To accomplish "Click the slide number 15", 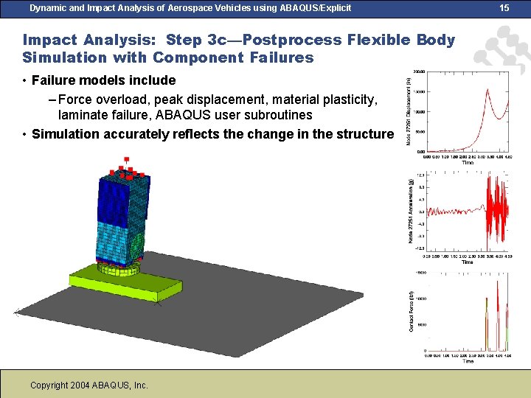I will click(504, 8).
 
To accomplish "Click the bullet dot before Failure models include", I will click(25, 80).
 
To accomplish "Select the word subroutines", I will click(274, 115).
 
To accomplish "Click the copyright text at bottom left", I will click(89, 385).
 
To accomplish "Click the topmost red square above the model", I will click(127, 158).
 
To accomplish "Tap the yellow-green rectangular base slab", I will click(125, 284).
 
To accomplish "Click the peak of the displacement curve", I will click(487, 91).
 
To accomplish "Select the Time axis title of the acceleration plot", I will click(468, 262).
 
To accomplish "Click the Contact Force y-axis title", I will click(412, 313).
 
